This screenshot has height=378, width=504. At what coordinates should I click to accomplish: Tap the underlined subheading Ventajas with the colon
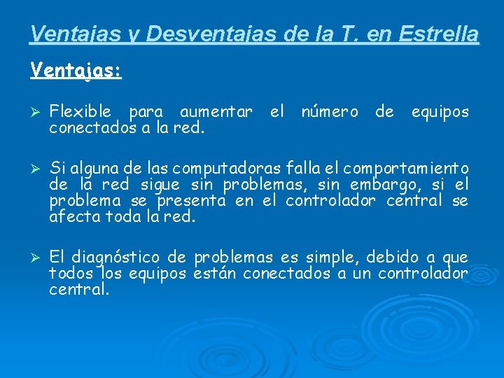76,71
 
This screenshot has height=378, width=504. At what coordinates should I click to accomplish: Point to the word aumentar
216,112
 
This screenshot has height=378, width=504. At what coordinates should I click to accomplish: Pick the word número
329,112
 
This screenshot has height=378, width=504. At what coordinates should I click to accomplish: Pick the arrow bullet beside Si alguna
37,169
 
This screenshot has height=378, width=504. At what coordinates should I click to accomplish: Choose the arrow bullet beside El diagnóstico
37,258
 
